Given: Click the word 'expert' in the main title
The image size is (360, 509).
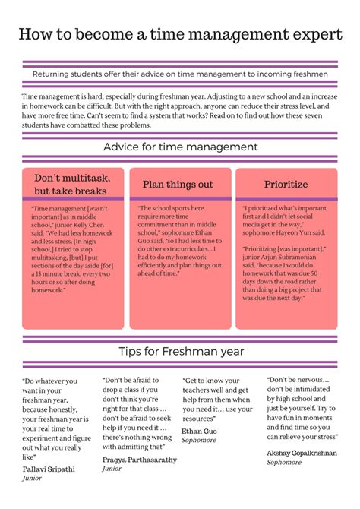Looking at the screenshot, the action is pos(311,35).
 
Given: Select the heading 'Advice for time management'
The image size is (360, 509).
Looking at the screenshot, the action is pos(180,147).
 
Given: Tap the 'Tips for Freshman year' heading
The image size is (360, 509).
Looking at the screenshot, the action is pos(181,351).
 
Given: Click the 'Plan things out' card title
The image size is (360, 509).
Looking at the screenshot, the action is pos(179,185).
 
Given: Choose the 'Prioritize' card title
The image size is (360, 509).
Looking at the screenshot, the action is pos(286,185).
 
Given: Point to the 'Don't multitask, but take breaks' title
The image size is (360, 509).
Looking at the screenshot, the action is pos(69,185).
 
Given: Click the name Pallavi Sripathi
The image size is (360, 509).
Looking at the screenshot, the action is pos(49,469).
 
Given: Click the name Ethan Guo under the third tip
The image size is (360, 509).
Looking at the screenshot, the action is pos(199,431).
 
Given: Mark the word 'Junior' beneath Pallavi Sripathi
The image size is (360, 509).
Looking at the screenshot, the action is pos(32,479).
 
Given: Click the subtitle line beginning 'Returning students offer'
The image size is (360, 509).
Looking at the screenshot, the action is pos(180,74).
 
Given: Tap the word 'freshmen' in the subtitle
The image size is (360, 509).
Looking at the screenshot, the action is pos(307,74).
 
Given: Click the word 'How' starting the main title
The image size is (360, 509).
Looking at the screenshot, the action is pos(35,35).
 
